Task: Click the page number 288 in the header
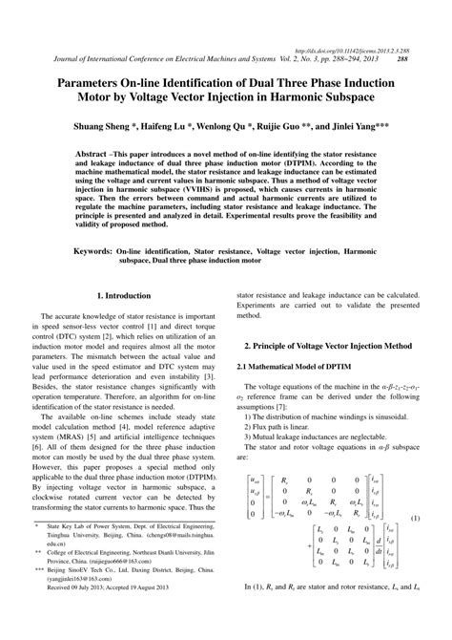(x=402, y=58)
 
